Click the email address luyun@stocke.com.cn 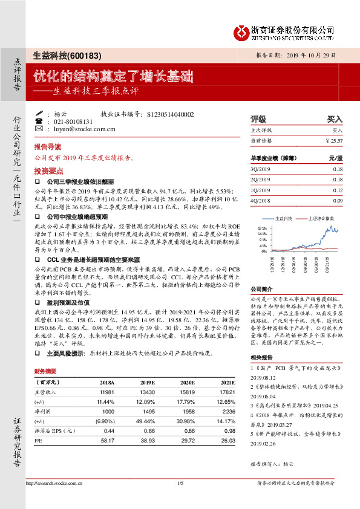point(85,129)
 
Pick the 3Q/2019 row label point(260,169)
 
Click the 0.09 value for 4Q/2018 point(337,200)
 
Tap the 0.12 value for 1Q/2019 point(337,190)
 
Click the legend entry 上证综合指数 point(309,218)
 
